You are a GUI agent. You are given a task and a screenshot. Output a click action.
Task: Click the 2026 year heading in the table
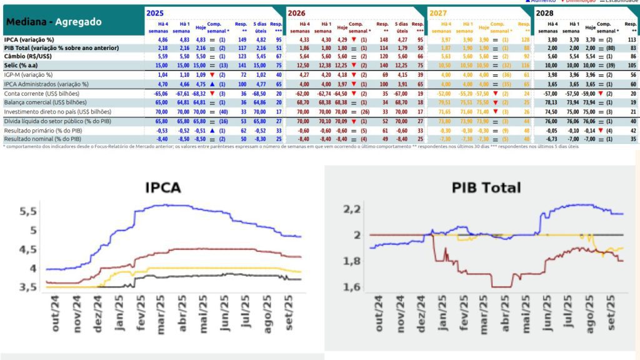point(297,12)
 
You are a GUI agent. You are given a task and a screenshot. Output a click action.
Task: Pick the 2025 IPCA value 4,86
point(161,39)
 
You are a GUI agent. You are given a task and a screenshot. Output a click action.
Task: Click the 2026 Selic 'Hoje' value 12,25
point(342,64)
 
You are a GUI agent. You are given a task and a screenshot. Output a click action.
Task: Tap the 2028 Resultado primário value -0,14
point(589,130)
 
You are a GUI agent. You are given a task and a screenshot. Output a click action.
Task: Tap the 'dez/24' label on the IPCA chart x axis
point(97,315)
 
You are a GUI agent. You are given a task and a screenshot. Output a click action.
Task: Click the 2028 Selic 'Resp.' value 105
point(632,64)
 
